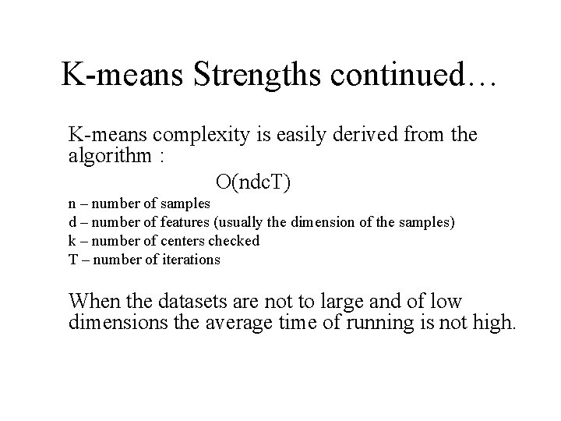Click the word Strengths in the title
click(248, 76)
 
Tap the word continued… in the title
click(411, 76)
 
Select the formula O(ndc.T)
click(253, 182)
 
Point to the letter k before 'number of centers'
click(72, 241)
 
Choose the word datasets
click(196, 300)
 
